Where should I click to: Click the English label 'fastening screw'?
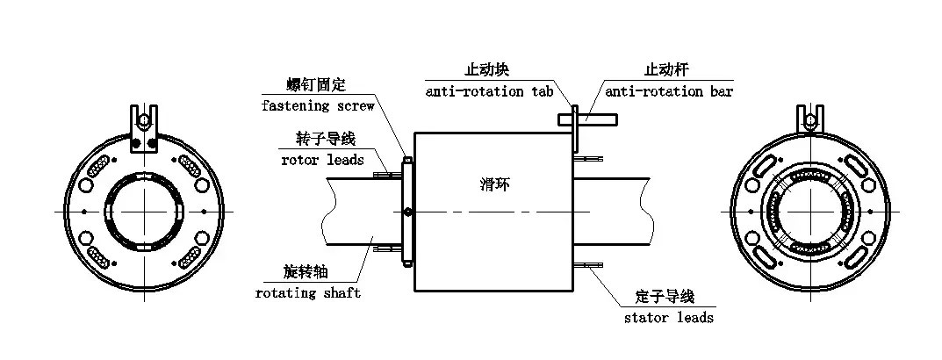(318, 106)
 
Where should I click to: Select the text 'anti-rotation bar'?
(669, 91)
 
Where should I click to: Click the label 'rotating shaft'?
(308, 292)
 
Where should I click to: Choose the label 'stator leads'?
(669, 317)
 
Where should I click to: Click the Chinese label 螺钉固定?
(317, 85)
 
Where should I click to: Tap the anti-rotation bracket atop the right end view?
(809, 122)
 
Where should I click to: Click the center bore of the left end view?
(142, 212)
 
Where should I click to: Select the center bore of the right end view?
(809, 212)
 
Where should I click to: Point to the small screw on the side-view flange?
(406, 212)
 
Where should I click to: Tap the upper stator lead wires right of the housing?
(590, 159)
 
